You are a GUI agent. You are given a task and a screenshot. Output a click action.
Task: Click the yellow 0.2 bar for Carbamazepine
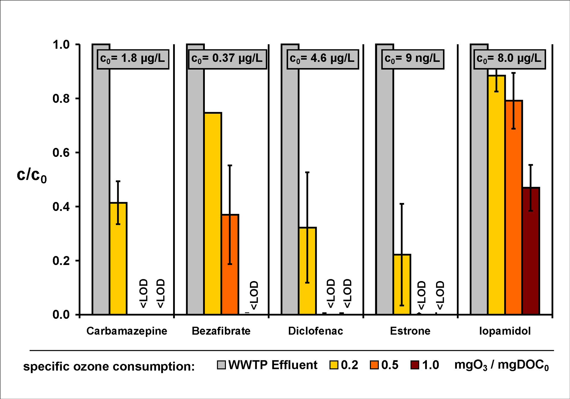click(x=118, y=258)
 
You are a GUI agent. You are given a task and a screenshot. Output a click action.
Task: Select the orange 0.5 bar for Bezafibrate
click(x=230, y=264)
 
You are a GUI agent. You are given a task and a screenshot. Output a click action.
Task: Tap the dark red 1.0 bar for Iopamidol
click(x=531, y=251)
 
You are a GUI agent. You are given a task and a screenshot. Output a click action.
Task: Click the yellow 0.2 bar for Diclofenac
click(x=307, y=271)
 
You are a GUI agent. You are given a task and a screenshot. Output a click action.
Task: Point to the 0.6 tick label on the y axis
click(x=61, y=153)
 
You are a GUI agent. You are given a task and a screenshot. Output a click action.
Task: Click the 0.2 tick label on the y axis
click(x=61, y=261)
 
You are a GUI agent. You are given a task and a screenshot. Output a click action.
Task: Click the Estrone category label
click(x=410, y=331)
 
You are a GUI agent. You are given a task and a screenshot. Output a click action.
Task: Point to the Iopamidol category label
click(x=505, y=331)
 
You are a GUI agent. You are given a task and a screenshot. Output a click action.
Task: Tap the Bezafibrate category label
click(x=221, y=331)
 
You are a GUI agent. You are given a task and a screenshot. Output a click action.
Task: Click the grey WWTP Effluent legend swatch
click(x=221, y=365)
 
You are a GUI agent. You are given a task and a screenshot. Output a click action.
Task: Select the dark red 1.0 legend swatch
click(x=415, y=365)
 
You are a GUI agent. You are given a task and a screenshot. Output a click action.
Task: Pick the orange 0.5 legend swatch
click(x=374, y=365)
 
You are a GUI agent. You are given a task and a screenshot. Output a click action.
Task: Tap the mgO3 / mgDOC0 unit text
click(x=501, y=365)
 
